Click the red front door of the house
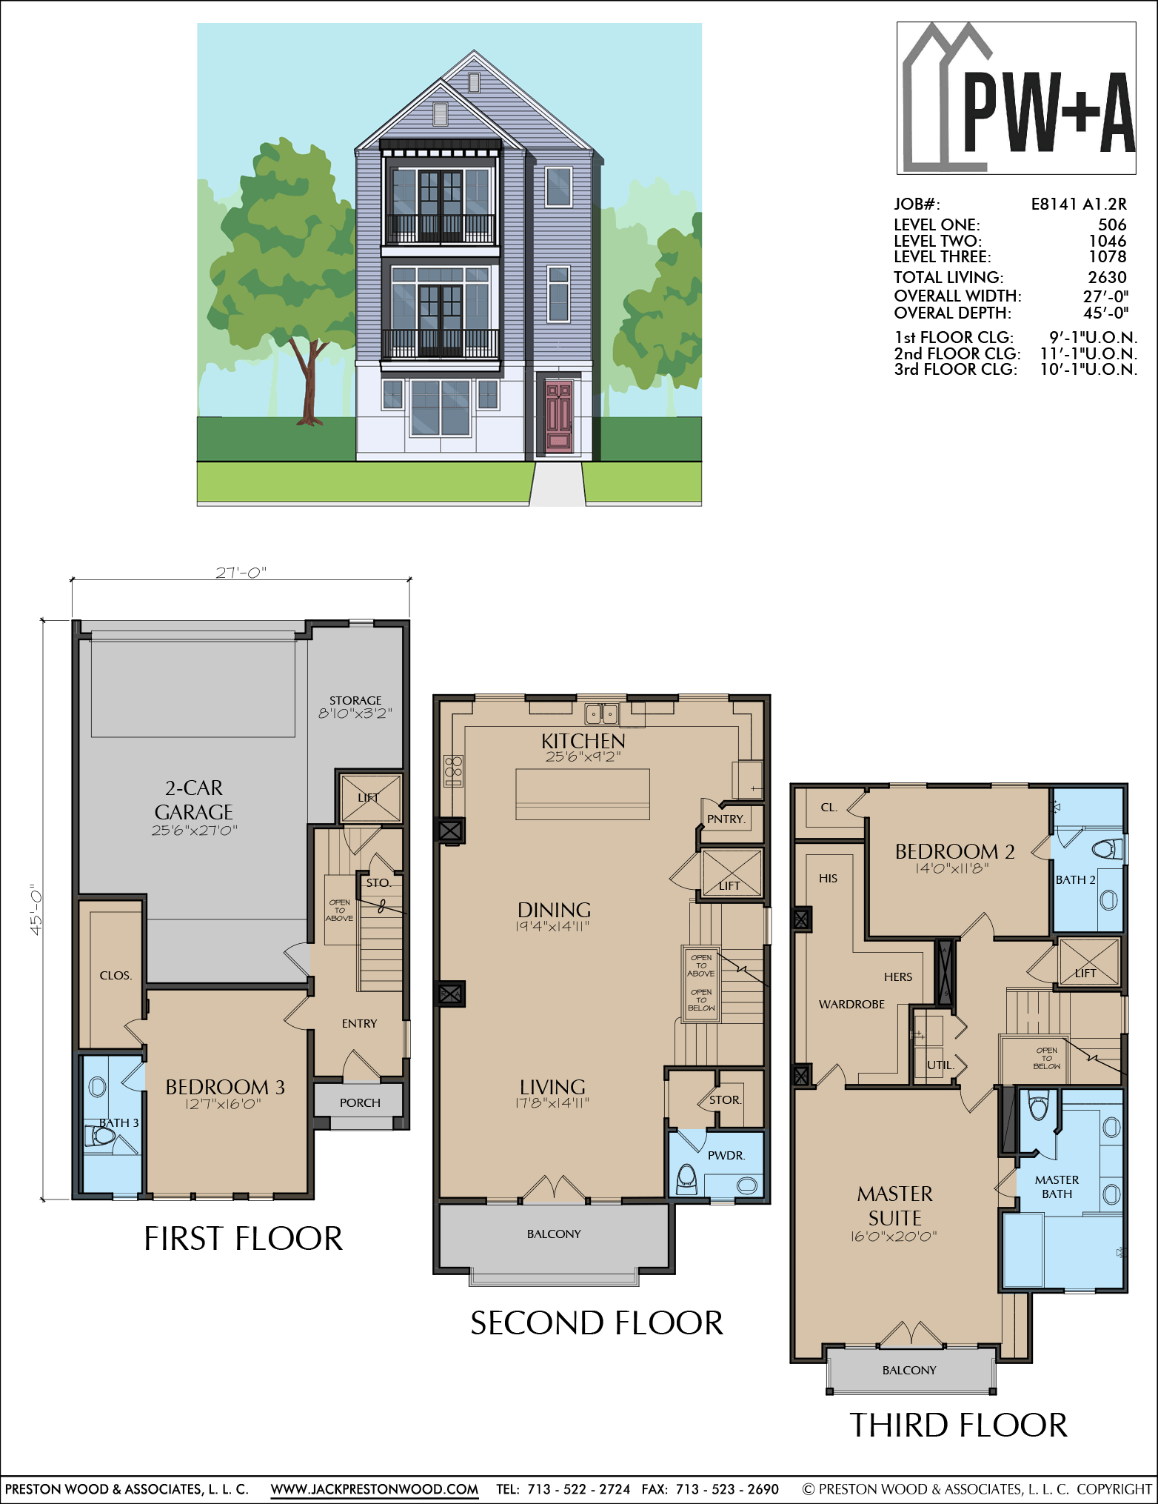coord(558,416)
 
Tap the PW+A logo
coord(1016,98)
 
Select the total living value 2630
coord(1107,277)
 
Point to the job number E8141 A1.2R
coord(1079,204)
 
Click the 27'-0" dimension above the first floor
coord(241,573)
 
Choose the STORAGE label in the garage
coord(355,700)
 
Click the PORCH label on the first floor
coord(360,1102)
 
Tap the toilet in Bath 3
coord(100,1135)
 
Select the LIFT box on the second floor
coord(731,874)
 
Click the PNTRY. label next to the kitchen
coord(726,819)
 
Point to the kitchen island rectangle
coord(583,793)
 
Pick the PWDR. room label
coord(726,1155)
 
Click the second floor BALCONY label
coord(554,1234)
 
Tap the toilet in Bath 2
coord(1108,848)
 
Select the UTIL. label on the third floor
coord(940,1065)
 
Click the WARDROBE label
coord(851,1004)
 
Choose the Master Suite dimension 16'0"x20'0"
coord(894,1236)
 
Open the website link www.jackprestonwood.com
coord(375,1488)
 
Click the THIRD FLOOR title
coord(958,1425)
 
